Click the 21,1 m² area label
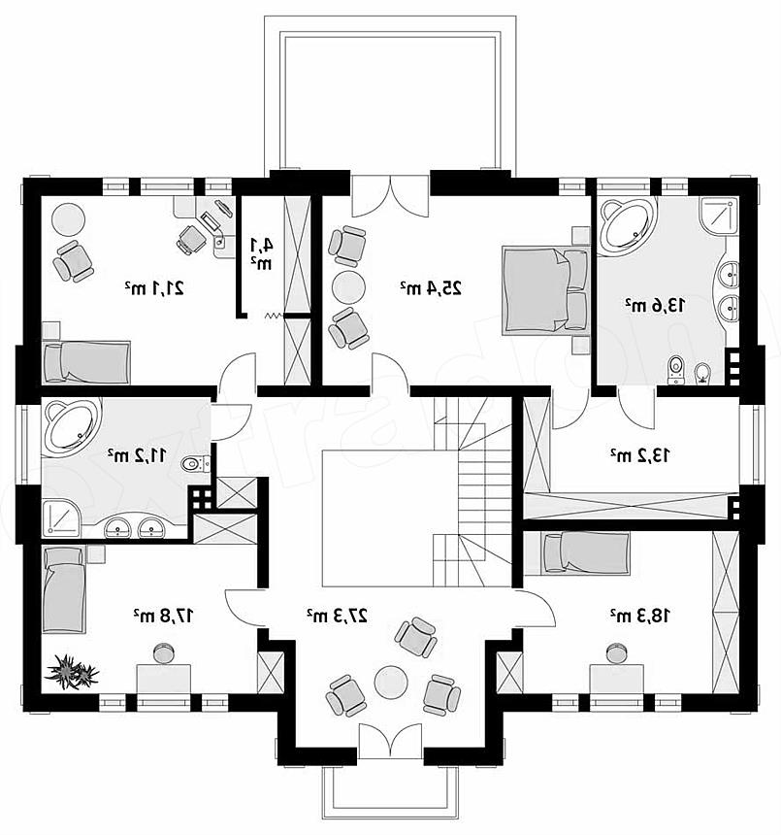pos(155,288)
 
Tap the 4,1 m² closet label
pos(262,253)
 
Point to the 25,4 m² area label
pos(431,288)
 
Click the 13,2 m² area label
pos(640,455)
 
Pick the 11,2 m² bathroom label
pos(137,455)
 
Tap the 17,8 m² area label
pos(164,616)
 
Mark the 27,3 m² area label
pos(337,616)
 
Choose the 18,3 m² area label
pos(640,616)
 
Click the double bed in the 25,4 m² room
pos(545,290)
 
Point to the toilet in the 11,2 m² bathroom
pos(195,464)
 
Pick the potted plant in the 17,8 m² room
pos(72,673)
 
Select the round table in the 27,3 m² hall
pos(391,683)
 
